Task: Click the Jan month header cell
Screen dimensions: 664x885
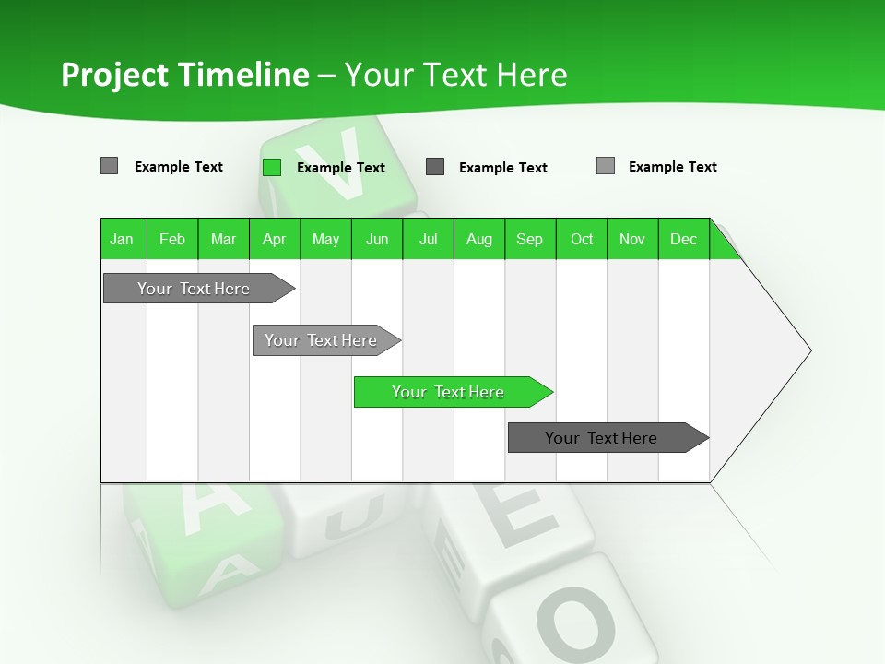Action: click(x=122, y=239)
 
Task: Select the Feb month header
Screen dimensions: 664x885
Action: click(x=172, y=239)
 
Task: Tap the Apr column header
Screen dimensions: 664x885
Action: click(x=274, y=239)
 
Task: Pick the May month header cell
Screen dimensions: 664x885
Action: click(x=325, y=239)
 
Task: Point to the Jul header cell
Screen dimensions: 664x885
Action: click(x=428, y=239)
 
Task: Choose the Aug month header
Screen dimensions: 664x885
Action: click(x=478, y=239)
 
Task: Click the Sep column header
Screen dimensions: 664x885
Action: click(x=529, y=239)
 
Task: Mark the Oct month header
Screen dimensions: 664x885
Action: click(x=582, y=239)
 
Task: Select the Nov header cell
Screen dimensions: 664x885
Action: click(x=632, y=239)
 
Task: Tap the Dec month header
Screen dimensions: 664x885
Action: click(x=683, y=239)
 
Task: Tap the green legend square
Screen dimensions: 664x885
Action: click(x=272, y=167)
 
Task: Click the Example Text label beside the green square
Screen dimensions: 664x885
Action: click(x=340, y=168)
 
